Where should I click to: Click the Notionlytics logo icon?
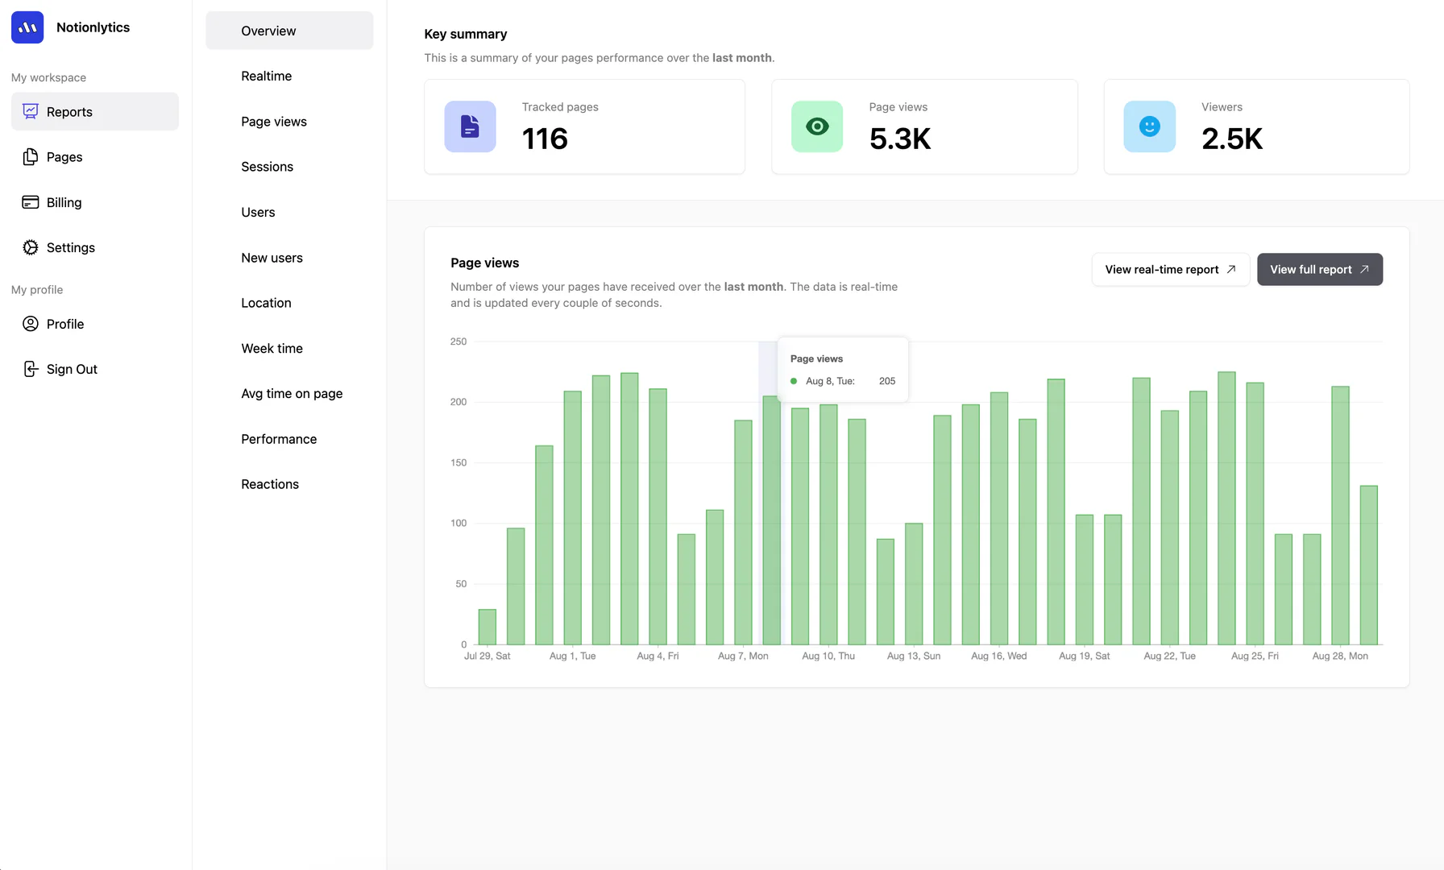pos(27,27)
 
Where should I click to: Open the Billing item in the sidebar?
pos(64,202)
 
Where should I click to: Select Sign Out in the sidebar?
pos(72,369)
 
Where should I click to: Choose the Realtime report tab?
pos(266,76)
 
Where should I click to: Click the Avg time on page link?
pos(292,393)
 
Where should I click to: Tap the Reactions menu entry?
pos(270,484)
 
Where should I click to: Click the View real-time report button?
pos(1170,269)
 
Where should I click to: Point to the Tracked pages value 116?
pos(545,139)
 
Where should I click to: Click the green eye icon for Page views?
pos(817,126)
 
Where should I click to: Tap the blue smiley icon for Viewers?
pos(1149,126)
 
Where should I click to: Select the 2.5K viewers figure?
pos(1232,139)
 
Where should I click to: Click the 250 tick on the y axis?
pos(459,342)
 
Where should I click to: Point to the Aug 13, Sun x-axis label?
pos(914,656)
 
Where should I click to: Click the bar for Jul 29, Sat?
pos(487,627)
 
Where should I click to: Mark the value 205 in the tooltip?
pos(887,381)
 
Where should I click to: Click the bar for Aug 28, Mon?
pos(1340,516)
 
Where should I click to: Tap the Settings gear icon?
pos(31,247)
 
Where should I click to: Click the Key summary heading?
pos(466,34)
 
